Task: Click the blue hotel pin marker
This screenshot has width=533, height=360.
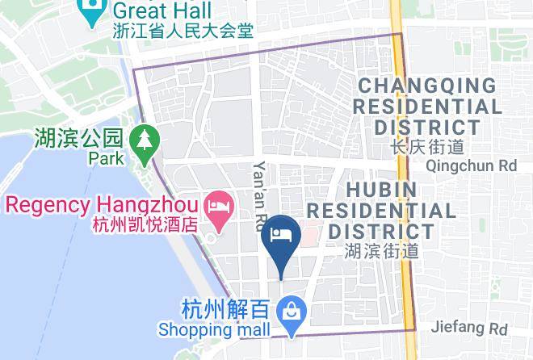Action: (282, 236)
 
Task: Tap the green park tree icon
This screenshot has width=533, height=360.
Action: (144, 140)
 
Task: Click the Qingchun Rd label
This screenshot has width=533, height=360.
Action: (471, 165)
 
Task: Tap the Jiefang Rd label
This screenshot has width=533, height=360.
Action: (469, 329)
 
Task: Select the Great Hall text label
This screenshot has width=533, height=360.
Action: (162, 11)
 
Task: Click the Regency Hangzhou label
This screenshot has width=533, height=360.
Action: (102, 204)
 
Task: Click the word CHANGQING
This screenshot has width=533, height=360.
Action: (427, 86)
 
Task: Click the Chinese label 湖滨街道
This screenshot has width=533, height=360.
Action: (381, 250)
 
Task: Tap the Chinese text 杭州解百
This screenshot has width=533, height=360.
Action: (227, 309)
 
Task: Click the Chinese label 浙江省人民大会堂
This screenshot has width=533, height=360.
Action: (183, 31)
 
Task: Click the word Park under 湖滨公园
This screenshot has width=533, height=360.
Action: (107, 158)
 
